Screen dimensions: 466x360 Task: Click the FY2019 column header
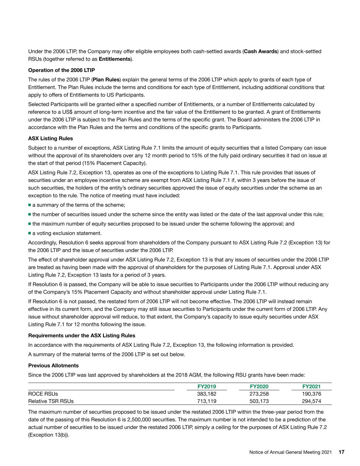pyautogui.click(x=207, y=386)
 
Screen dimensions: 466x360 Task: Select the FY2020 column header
pyautogui.click(x=259, y=386)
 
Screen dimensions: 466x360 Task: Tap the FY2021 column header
pyautogui.click(x=312, y=386)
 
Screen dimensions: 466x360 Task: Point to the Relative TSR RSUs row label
pyautogui.click(x=51, y=401)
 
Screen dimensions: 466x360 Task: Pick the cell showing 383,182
pyautogui.click(x=207, y=394)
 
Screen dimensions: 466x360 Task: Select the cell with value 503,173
pyautogui.click(x=259, y=401)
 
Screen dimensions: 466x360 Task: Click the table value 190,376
pyautogui.click(x=312, y=394)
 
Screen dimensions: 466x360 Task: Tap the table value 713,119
pyautogui.click(x=207, y=401)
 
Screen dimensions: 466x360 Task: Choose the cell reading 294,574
pyautogui.click(x=312, y=401)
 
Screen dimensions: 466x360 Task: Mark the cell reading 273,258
pyautogui.click(x=259, y=394)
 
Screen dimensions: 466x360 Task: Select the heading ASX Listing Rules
pyautogui.click(x=51, y=139)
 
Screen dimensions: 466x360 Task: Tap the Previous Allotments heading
pyautogui.click(x=53, y=365)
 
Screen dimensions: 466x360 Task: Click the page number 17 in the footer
pyautogui.click(x=342, y=452)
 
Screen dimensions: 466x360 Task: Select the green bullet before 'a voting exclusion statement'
pyautogui.click(x=30, y=233)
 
